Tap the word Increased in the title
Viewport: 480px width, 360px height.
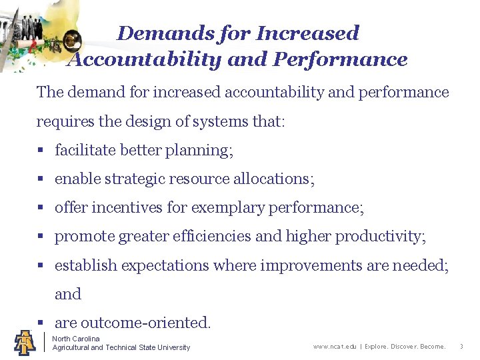(x=307, y=33)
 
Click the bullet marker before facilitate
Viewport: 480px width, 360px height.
(x=40, y=151)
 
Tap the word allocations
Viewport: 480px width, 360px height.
(x=273, y=179)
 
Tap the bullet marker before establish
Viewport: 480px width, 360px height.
(x=40, y=265)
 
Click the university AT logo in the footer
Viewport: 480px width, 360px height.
(x=25, y=342)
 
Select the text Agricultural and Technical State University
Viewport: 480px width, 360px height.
(x=121, y=347)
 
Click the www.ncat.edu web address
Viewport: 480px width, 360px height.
(x=334, y=347)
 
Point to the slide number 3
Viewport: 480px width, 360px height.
(x=461, y=347)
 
